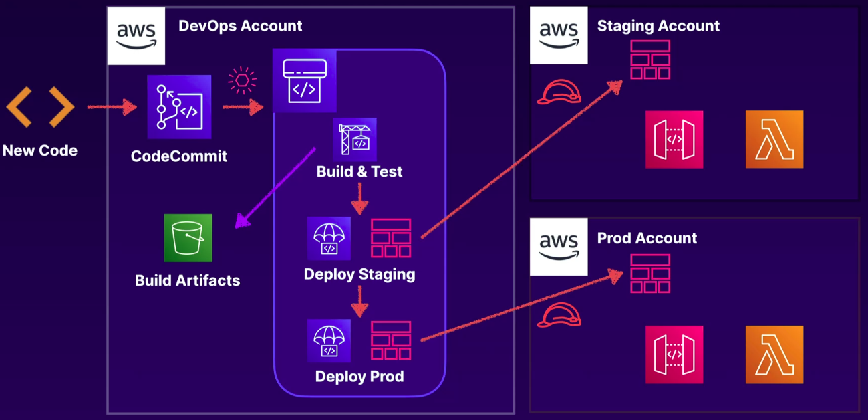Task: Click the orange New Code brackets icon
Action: click(x=40, y=106)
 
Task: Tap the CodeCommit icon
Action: click(x=179, y=107)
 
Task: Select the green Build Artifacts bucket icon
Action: click(x=188, y=238)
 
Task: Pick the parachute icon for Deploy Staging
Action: click(x=329, y=238)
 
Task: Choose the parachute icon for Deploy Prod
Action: click(x=329, y=340)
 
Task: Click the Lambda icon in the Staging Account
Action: click(x=774, y=139)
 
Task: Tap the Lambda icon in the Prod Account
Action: click(x=774, y=354)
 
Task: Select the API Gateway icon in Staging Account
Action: click(x=674, y=139)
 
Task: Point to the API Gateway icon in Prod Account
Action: click(x=674, y=354)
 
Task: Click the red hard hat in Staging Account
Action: click(x=558, y=93)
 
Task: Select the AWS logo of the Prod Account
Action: click(x=559, y=247)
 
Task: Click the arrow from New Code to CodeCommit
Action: click(x=111, y=106)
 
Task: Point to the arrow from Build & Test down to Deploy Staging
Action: click(x=360, y=198)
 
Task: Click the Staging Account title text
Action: click(x=658, y=26)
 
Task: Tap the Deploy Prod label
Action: click(x=359, y=377)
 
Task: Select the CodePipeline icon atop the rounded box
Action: click(x=304, y=81)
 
